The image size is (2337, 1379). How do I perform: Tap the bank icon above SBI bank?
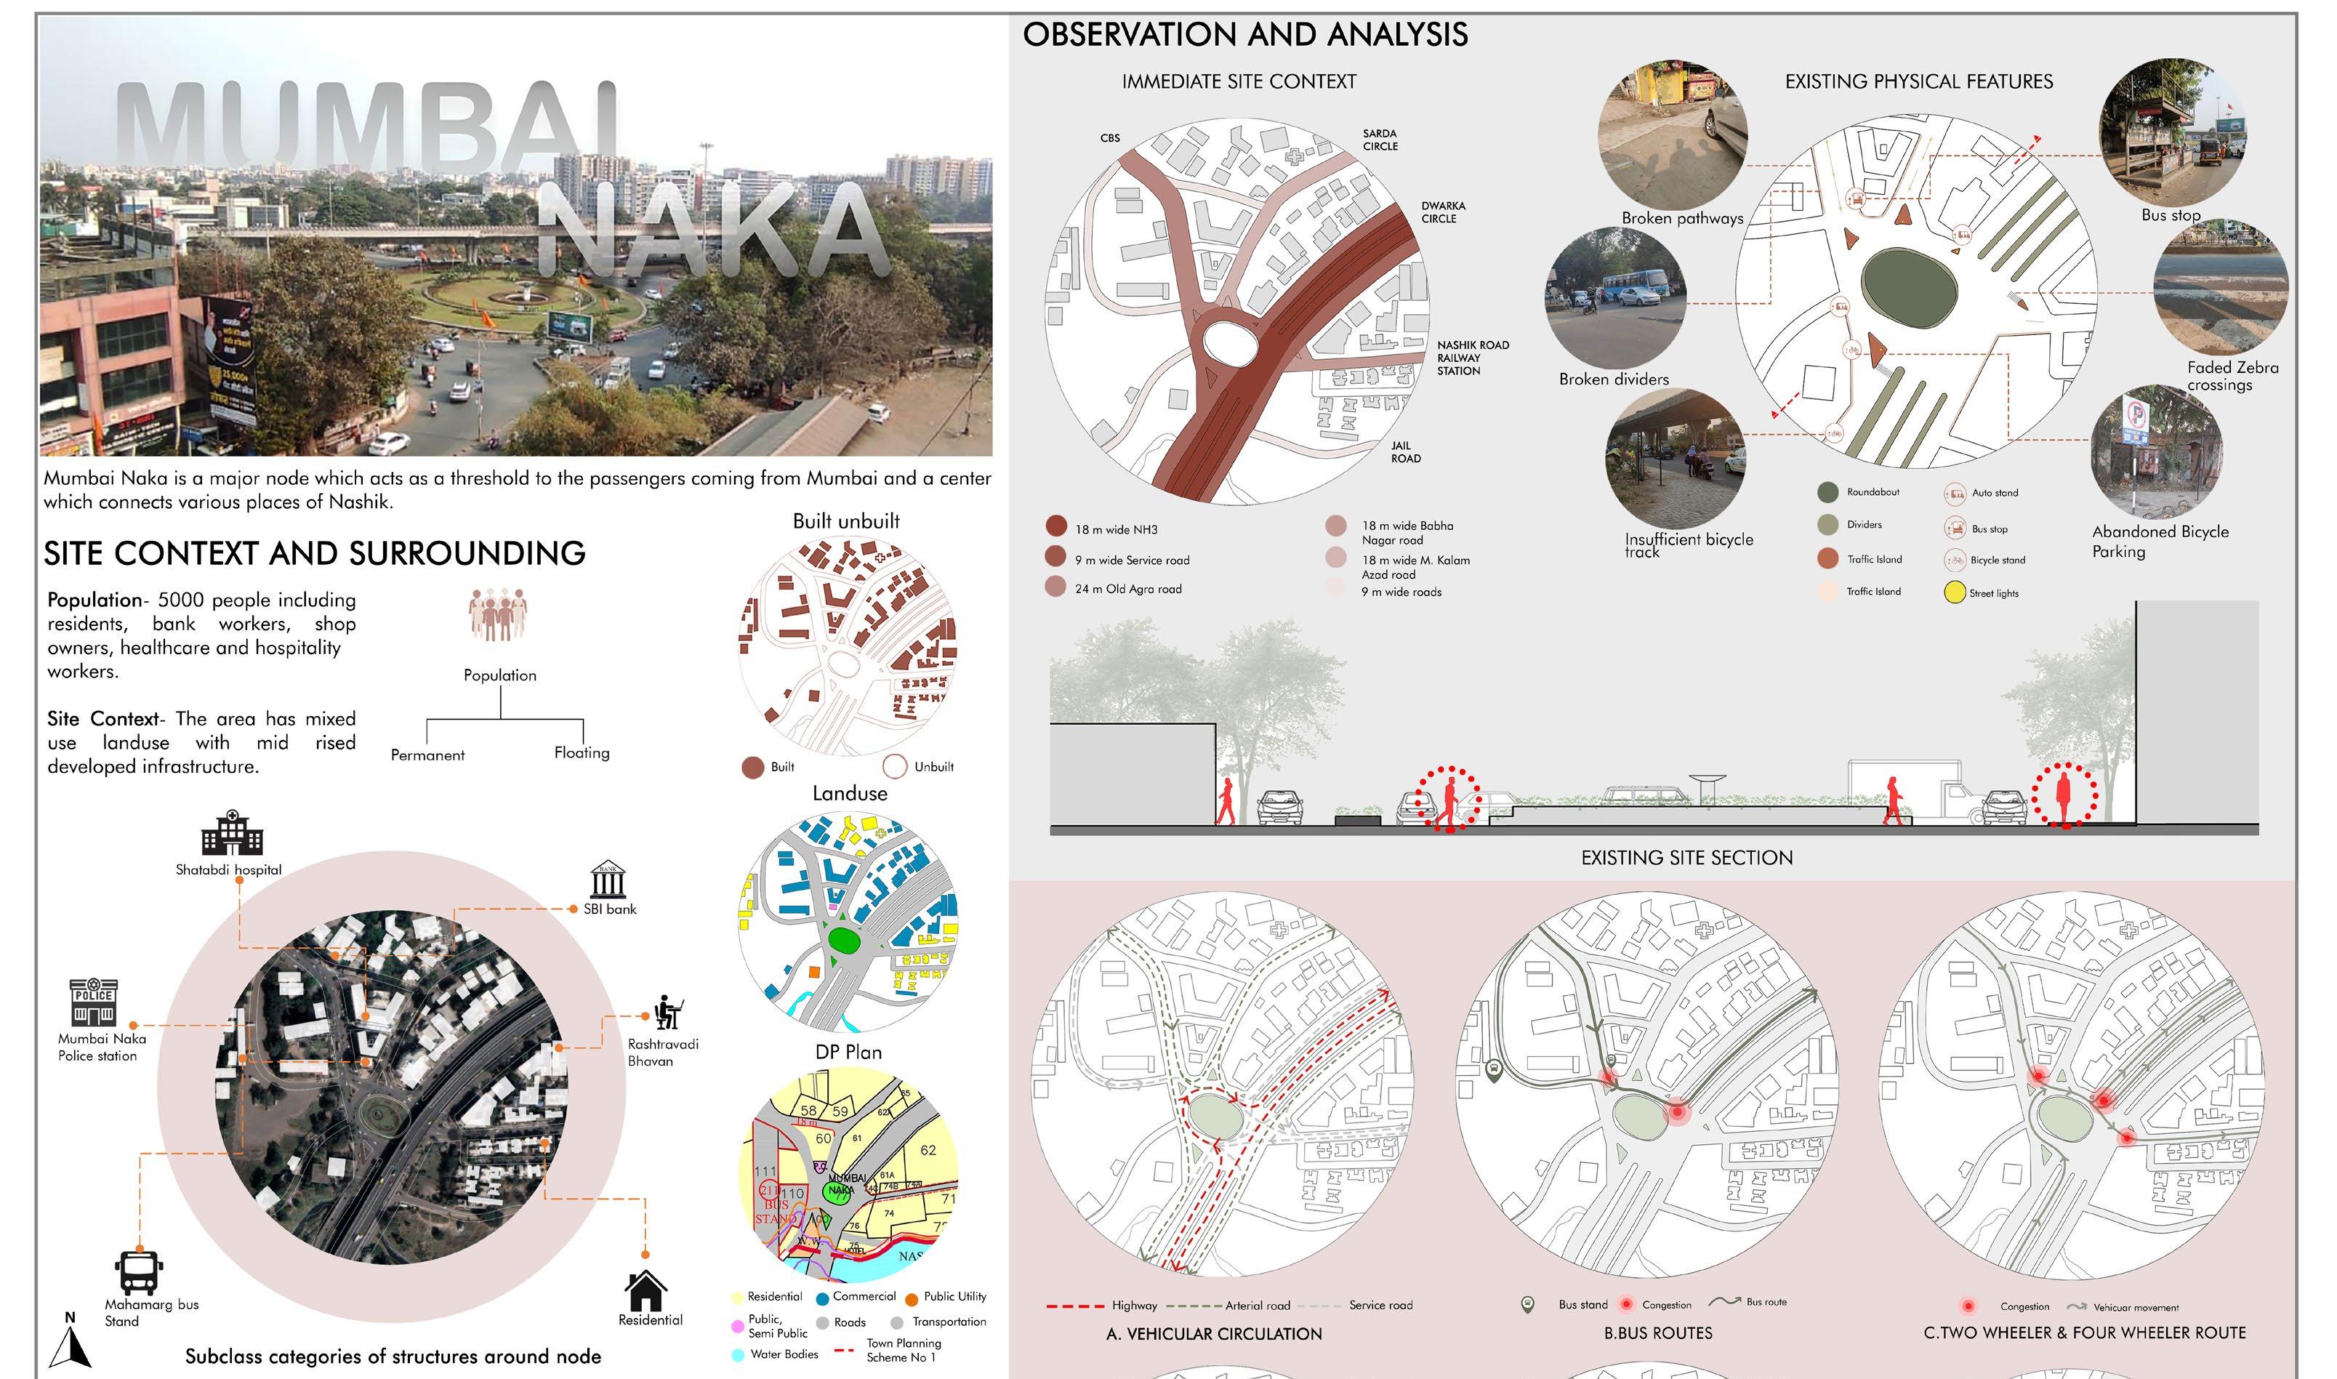[x=608, y=879]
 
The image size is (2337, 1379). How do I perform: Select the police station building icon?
[x=94, y=1002]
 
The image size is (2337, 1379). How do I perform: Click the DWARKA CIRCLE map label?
[x=1442, y=212]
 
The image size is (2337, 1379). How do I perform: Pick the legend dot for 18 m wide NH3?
[x=1055, y=526]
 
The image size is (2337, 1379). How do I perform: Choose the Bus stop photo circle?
[x=2171, y=132]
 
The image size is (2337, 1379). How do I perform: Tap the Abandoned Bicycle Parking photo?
[x=2156, y=451]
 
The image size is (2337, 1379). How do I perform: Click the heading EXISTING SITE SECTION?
[x=1686, y=858]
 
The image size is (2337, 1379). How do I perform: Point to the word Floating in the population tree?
[x=582, y=752]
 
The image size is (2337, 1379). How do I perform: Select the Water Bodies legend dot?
[x=738, y=1355]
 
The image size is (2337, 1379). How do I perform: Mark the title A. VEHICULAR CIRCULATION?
[x=1213, y=1333]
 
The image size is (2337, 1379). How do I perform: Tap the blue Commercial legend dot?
[x=822, y=1298]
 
